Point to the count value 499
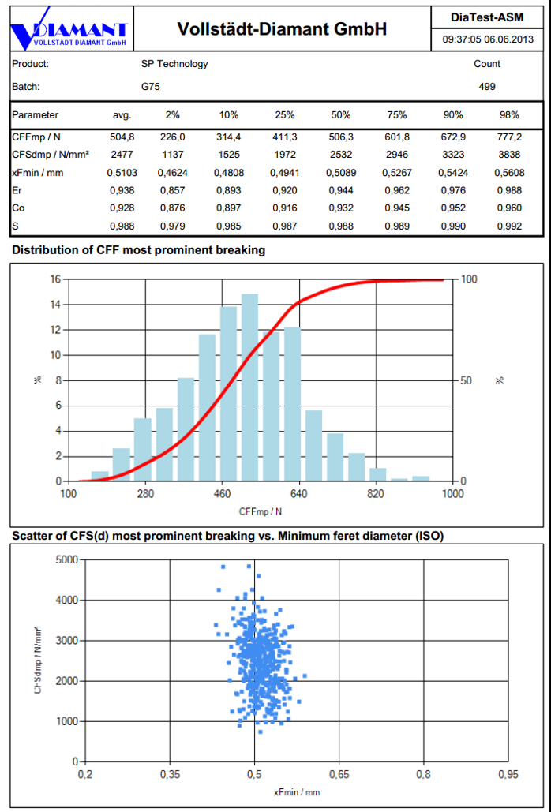(x=487, y=87)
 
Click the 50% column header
(x=341, y=115)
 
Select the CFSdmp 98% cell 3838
(x=509, y=155)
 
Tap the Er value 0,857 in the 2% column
(x=171, y=190)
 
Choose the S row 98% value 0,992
(x=509, y=226)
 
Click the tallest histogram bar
(x=249, y=387)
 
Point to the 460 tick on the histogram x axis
(x=222, y=494)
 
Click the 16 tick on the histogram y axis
(x=55, y=279)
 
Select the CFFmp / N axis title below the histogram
(x=261, y=511)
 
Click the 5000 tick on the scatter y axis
(x=66, y=559)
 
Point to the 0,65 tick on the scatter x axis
(x=339, y=775)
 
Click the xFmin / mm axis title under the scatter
(x=296, y=792)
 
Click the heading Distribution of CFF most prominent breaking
(x=139, y=250)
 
